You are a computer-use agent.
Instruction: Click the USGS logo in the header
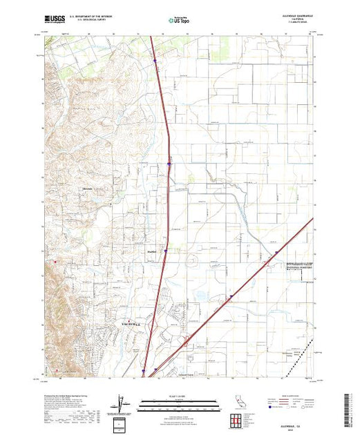tap(55, 21)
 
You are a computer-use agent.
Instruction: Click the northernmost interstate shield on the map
tap(156, 60)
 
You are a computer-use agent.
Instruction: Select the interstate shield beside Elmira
tap(165, 251)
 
